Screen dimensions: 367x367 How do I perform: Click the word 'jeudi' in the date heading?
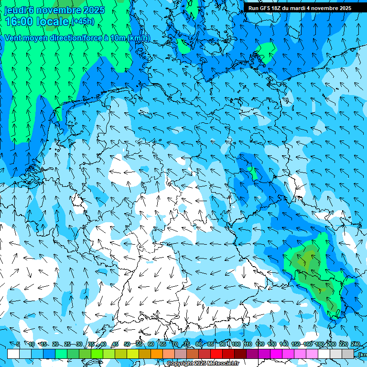tap(15, 10)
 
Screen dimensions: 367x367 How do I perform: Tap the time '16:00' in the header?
tap(19, 22)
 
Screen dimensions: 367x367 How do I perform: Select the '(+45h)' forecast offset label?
tap(82, 22)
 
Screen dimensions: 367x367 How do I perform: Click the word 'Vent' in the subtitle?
tap(13, 38)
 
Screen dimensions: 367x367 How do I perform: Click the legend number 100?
tap(235, 344)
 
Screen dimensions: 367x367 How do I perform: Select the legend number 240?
tap(356, 344)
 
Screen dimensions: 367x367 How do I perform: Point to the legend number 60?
tap(151, 344)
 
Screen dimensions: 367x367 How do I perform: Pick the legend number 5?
tap(18, 344)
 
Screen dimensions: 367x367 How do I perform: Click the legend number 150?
tap(295, 344)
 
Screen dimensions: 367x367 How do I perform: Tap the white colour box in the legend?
tap(13, 354)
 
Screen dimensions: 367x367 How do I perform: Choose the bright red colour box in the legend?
tap(216, 354)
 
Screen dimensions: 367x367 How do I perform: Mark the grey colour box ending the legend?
tap(348, 354)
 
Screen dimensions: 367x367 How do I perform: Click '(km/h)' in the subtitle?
tap(138, 38)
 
